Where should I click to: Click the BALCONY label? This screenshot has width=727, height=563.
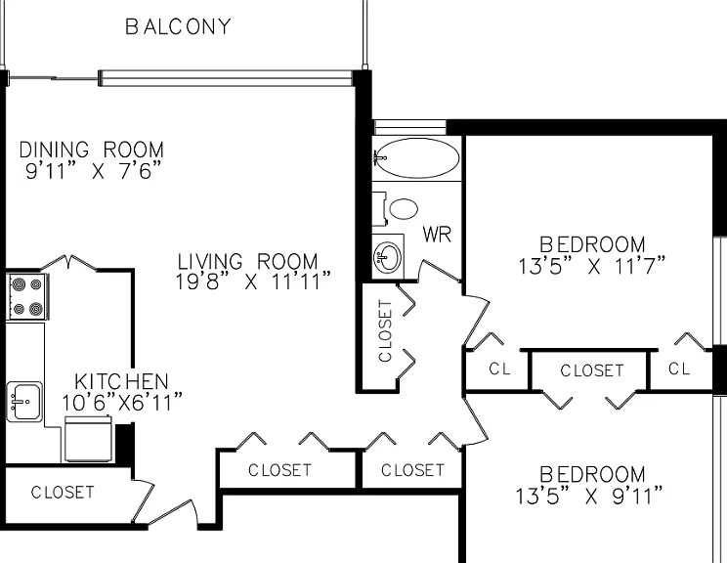point(178,26)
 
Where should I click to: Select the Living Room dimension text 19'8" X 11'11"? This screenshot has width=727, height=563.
point(253,281)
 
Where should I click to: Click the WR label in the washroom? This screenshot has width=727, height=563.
point(437,235)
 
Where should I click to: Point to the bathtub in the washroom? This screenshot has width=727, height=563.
point(417,158)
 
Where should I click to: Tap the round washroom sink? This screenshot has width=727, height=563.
point(388,257)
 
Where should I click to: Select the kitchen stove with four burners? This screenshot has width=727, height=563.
point(27,296)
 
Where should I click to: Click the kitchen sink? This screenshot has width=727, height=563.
point(24,401)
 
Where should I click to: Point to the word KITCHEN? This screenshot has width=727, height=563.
point(121,381)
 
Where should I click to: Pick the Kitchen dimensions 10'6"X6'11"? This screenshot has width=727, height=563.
point(122,402)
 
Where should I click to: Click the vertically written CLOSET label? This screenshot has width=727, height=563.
point(385,330)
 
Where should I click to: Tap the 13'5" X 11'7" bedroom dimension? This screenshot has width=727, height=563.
point(591,266)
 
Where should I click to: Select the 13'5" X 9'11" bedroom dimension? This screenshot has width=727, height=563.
point(589,496)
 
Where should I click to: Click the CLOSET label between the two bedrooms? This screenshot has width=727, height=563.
point(592,370)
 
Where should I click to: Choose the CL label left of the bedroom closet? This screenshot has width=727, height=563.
point(500,369)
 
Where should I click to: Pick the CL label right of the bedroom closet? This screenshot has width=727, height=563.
point(679,368)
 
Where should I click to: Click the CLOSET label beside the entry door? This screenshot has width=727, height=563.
point(63,492)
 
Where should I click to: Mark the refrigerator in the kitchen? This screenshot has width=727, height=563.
point(88,439)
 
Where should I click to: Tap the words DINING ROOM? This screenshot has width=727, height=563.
point(91,150)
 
